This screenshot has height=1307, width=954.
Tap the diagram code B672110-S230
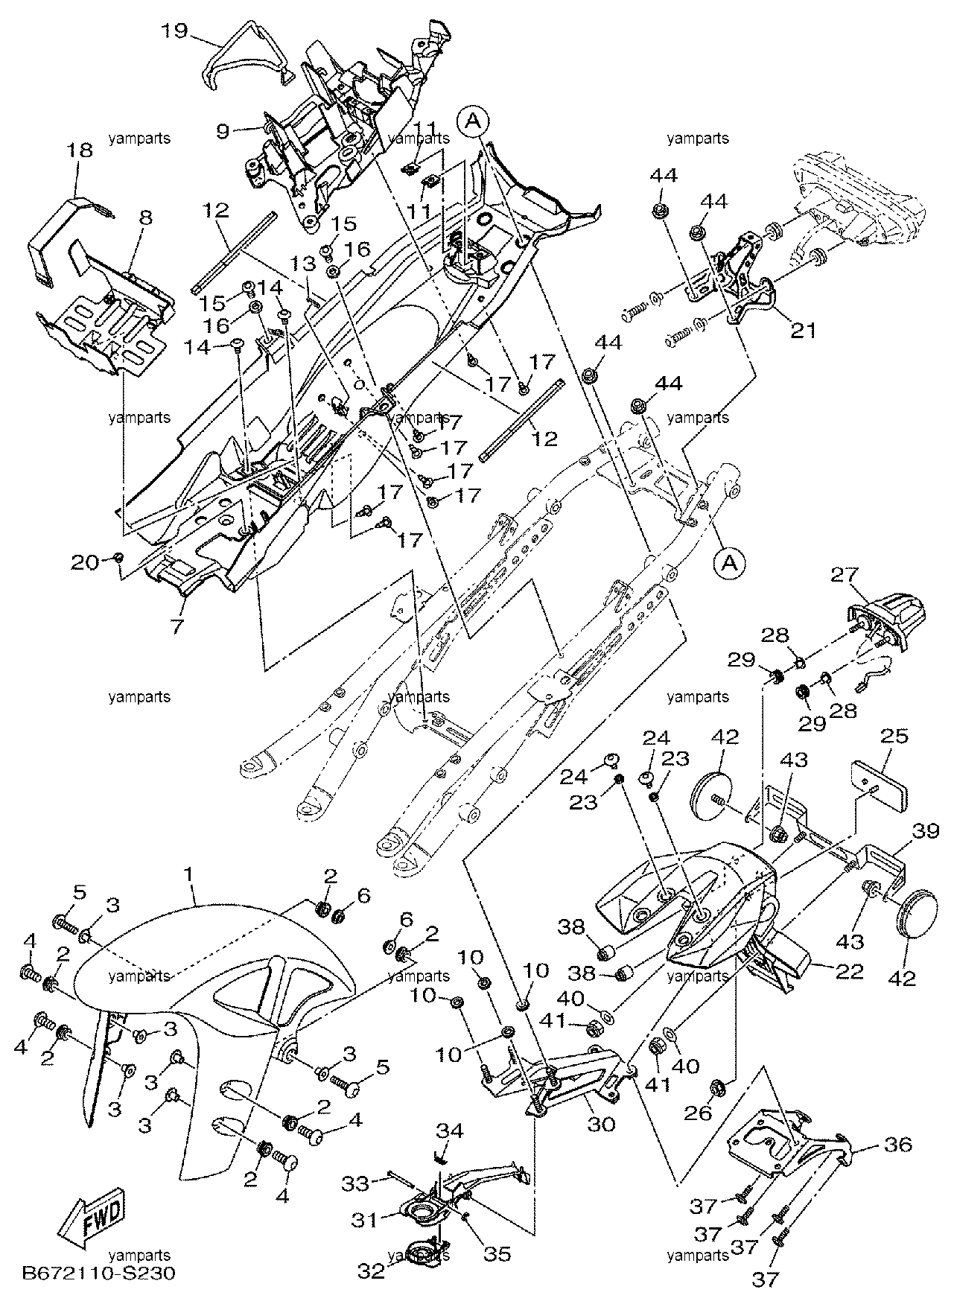coord(99,1294)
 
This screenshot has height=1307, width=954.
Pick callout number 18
coord(80,151)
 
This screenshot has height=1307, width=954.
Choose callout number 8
coord(145,218)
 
